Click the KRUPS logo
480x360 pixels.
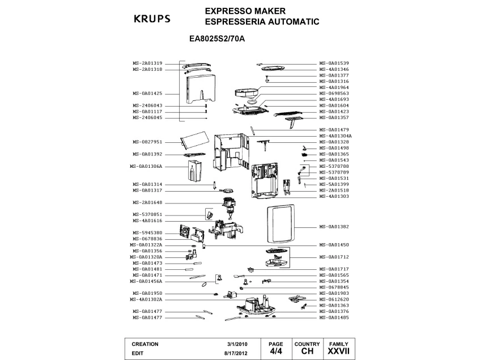(x=151, y=18)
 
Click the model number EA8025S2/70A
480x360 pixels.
(x=220, y=40)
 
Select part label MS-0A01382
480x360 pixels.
(x=334, y=227)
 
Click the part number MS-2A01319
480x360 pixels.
(x=147, y=63)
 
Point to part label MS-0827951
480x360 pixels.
(x=147, y=142)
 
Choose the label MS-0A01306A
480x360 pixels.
(x=147, y=166)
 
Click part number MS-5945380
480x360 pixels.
(x=147, y=232)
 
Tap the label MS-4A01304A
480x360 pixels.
(x=335, y=136)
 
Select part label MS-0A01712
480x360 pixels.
(x=334, y=257)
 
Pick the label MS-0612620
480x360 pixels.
(x=334, y=299)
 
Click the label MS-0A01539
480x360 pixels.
(x=334, y=63)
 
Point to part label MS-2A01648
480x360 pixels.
(x=147, y=202)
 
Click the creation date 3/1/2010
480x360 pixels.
(x=237, y=344)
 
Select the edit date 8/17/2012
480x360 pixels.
(x=235, y=353)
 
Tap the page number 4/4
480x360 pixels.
(x=276, y=351)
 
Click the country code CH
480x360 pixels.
(x=307, y=352)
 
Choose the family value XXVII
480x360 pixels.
(x=338, y=352)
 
